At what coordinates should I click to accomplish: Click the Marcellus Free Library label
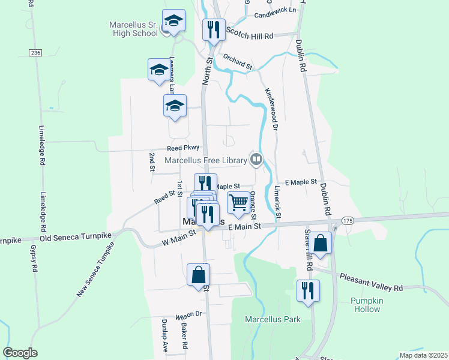pyautogui.click(x=206, y=160)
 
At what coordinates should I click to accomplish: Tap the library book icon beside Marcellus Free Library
pyautogui.click(x=256, y=159)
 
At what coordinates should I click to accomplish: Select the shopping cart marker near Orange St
pyautogui.click(x=238, y=203)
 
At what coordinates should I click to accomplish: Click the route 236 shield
pyautogui.click(x=35, y=53)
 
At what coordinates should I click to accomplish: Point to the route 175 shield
pyautogui.click(x=348, y=221)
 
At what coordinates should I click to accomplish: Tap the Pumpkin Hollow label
pyautogui.click(x=367, y=305)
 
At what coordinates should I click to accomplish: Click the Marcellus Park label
pyautogui.click(x=273, y=319)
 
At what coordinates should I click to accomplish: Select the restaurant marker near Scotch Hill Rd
pyautogui.click(x=214, y=29)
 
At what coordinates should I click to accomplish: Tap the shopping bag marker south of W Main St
pyautogui.click(x=198, y=275)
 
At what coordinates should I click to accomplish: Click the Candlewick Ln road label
pyautogui.click(x=276, y=11)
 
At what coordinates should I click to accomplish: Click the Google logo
pyautogui.click(x=20, y=352)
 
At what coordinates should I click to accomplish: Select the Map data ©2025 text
pyautogui.click(x=423, y=355)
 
